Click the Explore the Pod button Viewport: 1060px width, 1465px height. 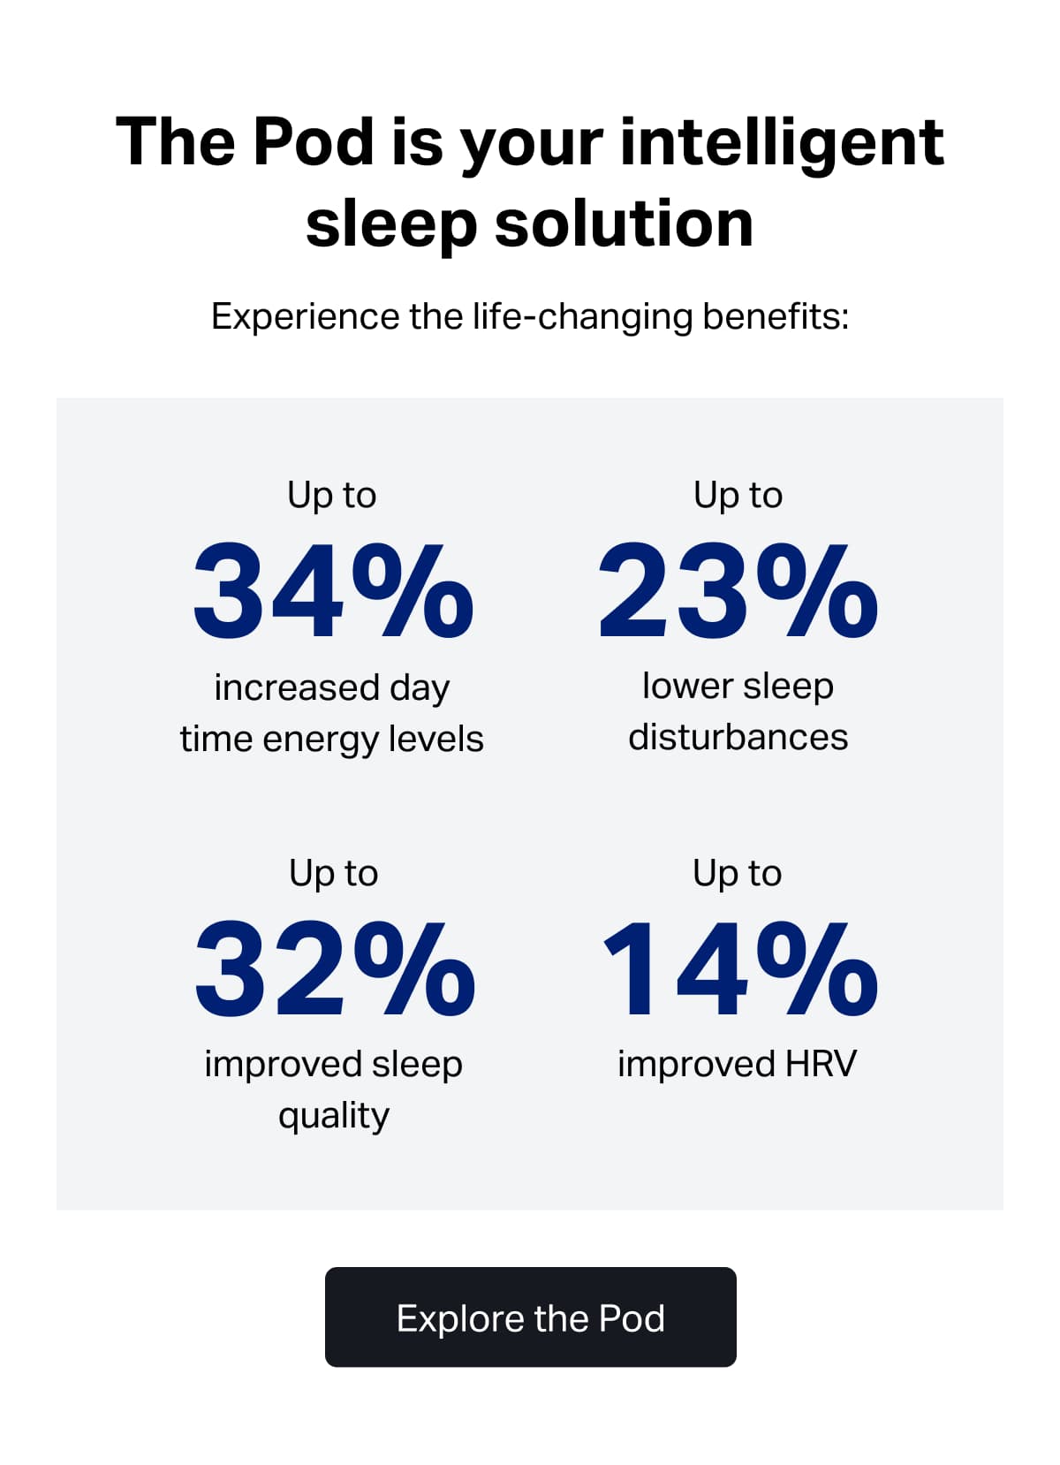(x=530, y=1317)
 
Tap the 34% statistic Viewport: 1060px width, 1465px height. (x=333, y=591)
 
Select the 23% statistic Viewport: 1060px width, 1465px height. (x=738, y=591)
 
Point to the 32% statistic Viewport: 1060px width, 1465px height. (x=334, y=969)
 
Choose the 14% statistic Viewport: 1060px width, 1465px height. (x=739, y=969)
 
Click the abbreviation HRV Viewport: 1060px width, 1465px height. (x=821, y=1064)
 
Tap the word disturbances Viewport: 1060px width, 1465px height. (x=738, y=737)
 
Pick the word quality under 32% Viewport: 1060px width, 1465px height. (x=333, y=1116)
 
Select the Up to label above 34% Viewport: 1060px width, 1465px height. (x=332, y=496)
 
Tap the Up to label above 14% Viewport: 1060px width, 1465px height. (x=738, y=874)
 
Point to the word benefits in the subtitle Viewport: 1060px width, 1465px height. (x=775, y=316)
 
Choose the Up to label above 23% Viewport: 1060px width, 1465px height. (x=738, y=496)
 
